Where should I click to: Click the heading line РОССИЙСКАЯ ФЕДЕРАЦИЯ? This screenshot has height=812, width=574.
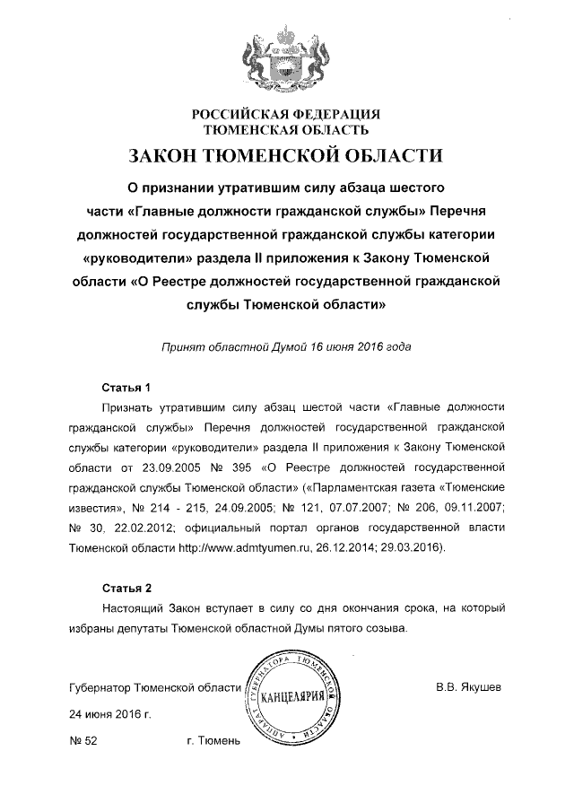point(286,114)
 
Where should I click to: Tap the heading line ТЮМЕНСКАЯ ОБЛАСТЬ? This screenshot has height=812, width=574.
point(286,130)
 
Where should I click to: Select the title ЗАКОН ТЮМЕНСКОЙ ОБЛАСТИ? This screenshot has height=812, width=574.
point(286,156)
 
